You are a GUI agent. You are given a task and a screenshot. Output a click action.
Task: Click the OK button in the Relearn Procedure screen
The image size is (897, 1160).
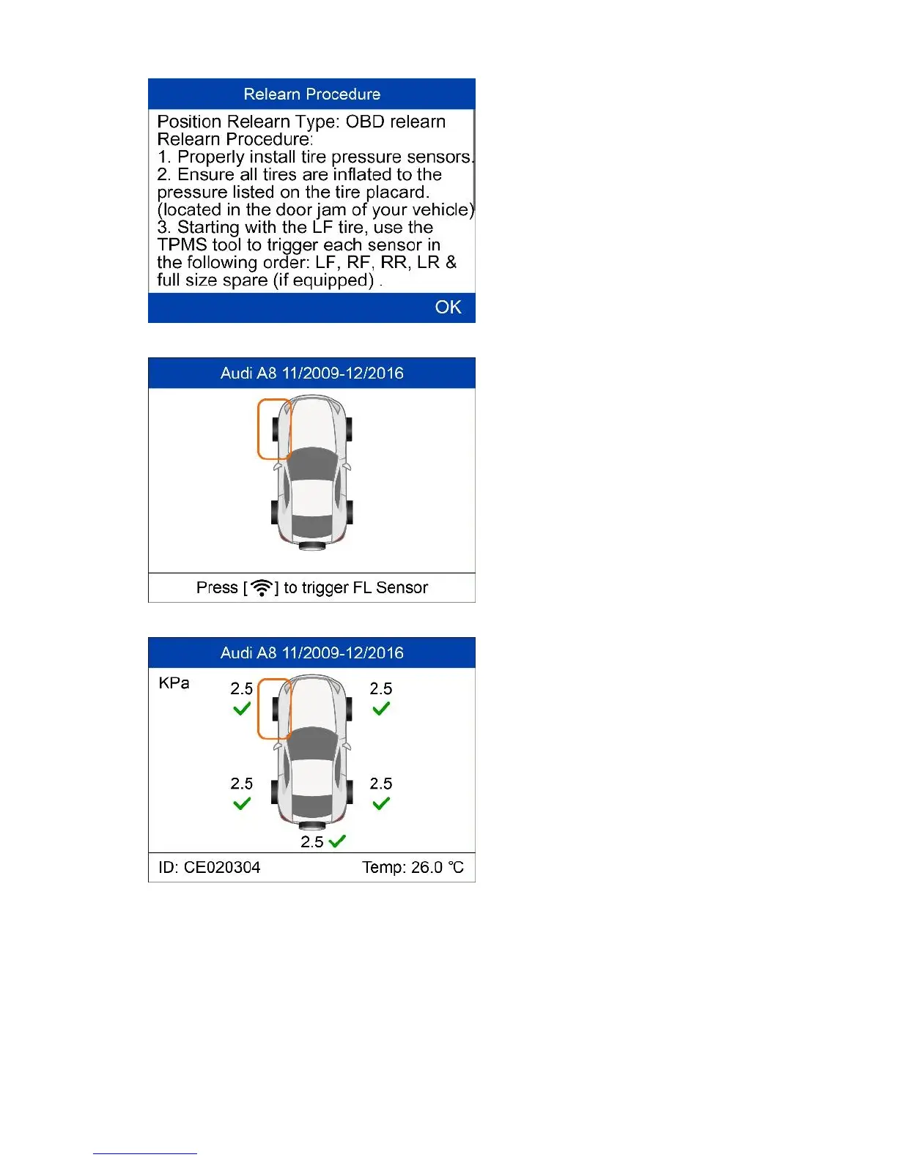point(448,308)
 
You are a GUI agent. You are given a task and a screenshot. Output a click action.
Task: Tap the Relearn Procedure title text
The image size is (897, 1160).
point(311,94)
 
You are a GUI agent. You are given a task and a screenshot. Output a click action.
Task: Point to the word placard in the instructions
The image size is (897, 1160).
point(396,193)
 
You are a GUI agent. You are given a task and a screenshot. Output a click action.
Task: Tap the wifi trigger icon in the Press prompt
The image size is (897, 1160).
point(261,587)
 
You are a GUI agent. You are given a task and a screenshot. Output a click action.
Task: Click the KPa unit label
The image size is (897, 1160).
point(174,683)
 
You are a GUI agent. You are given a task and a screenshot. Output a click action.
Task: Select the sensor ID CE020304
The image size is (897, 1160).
point(222,868)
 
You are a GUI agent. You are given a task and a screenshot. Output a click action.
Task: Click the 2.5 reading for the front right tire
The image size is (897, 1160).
point(381,689)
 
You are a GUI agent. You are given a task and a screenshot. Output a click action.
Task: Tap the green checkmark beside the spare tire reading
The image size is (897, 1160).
point(338,841)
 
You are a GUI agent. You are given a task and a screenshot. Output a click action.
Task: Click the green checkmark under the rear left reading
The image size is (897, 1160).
point(242,803)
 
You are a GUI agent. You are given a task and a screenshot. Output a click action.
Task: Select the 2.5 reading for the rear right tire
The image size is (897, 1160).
point(381,784)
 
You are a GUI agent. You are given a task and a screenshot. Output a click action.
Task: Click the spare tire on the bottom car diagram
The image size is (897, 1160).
point(312,826)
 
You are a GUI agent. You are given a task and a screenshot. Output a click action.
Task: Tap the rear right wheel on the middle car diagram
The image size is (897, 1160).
point(350,513)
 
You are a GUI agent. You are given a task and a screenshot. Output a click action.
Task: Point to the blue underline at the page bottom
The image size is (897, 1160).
point(145,1153)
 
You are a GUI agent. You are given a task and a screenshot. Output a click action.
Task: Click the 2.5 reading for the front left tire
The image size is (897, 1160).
point(242,689)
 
